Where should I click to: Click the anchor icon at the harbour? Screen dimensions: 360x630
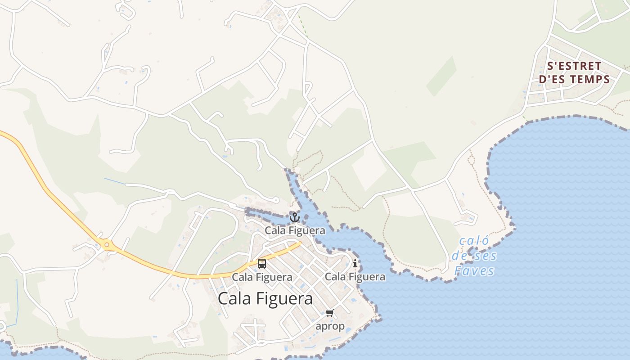pos(294,218)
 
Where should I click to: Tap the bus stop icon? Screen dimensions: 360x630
pos(262,264)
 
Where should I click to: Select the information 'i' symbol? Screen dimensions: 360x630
pos(355,263)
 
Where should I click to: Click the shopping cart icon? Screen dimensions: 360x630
pos(330,313)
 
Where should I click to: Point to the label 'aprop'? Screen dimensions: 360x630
pos(330,326)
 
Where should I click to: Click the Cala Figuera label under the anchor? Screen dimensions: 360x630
pos(295,231)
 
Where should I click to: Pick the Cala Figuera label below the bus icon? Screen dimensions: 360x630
pos(262,277)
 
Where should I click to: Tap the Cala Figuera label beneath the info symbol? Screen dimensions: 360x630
pos(355,277)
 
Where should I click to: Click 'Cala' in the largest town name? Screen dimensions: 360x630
pos(237,298)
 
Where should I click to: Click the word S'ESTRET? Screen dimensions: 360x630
pos(574,66)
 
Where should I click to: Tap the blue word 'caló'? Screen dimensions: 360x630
pos(474,241)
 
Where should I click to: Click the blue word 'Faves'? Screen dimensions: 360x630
pos(474,271)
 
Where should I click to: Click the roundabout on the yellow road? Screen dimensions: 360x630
pos(107,245)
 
